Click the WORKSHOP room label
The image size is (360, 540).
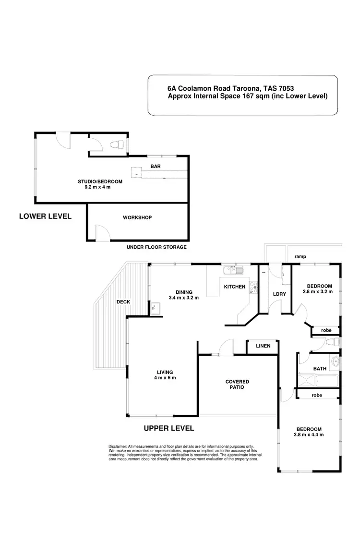pos(137,217)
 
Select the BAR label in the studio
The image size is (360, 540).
pos(155,167)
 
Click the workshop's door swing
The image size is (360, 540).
pos(102,233)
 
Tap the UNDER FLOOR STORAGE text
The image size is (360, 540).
pos(156,247)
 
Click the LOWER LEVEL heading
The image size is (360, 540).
pos(45,216)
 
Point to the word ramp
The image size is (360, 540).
pos(300,257)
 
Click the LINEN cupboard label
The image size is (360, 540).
pos(263,346)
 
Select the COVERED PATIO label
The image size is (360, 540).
pos(237,384)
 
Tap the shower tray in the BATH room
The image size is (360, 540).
pos(308,380)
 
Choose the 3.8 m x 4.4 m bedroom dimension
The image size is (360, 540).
pos(309,435)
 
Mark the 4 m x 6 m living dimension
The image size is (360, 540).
pos(165,378)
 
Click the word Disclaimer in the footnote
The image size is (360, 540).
pos(118,446)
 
